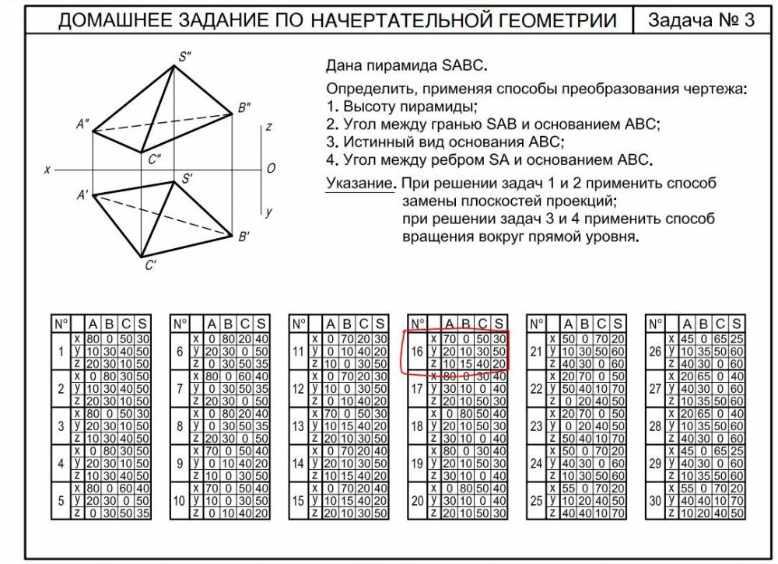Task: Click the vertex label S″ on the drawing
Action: (x=184, y=56)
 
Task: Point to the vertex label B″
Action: (x=244, y=107)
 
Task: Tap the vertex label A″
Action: (x=82, y=124)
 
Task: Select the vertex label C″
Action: (x=154, y=159)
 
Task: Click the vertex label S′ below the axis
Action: (x=187, y=179)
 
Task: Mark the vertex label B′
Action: (x=244, y=236)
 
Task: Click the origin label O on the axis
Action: (x=271, y=168)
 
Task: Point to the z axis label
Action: (x=268, y=128)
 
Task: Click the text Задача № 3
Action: (x=701, y=20)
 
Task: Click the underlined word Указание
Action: (x=358, y=184)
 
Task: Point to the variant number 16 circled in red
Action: (x=416, y=352)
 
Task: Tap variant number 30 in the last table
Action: (x=654, y=501)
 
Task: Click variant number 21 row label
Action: (x=535, y=352)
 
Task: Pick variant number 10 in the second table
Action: (x=179, y=501)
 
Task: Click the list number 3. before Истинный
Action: (x=332, y=142)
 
